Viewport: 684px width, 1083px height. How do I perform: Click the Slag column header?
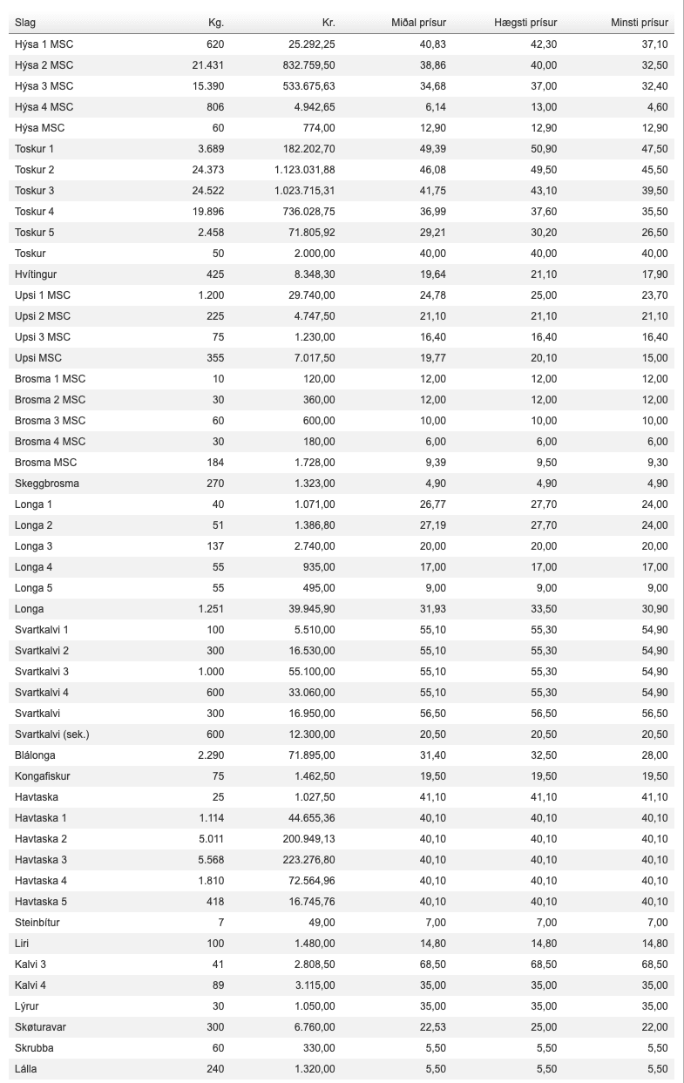tap(25, 23)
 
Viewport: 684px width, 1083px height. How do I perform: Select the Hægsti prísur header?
tap(526, 23)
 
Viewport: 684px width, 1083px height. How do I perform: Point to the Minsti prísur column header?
tap(640, 23)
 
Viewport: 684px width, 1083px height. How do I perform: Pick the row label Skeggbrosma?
tap(47, 484)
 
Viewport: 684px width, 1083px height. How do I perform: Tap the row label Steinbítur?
tap(37, 923)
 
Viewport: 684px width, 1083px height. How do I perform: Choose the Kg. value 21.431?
tap(208, 65)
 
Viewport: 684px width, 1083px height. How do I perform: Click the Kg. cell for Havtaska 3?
tap(211, 860)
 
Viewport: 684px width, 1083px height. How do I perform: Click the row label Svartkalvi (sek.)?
tap(52, 734)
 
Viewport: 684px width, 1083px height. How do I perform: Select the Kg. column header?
tap(216, 23)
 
